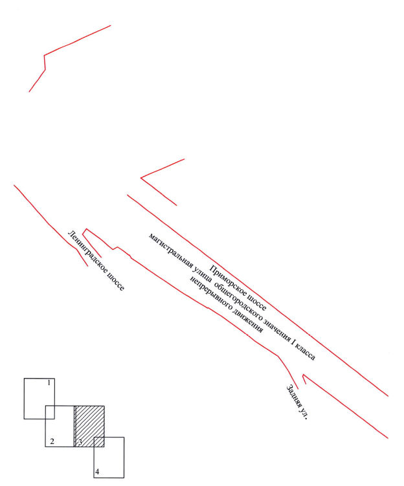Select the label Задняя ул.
(297, 402)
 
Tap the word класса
(307, 351)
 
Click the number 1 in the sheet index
(49, 383)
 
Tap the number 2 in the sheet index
(52, 441)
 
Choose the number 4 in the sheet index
(97, 472)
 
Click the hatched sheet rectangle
(89, 426)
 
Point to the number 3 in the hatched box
(80, 442)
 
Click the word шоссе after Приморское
(256, 302)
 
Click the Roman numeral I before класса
(294, 340)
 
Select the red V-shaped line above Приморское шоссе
(141, 178)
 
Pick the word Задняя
(294, 396)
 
